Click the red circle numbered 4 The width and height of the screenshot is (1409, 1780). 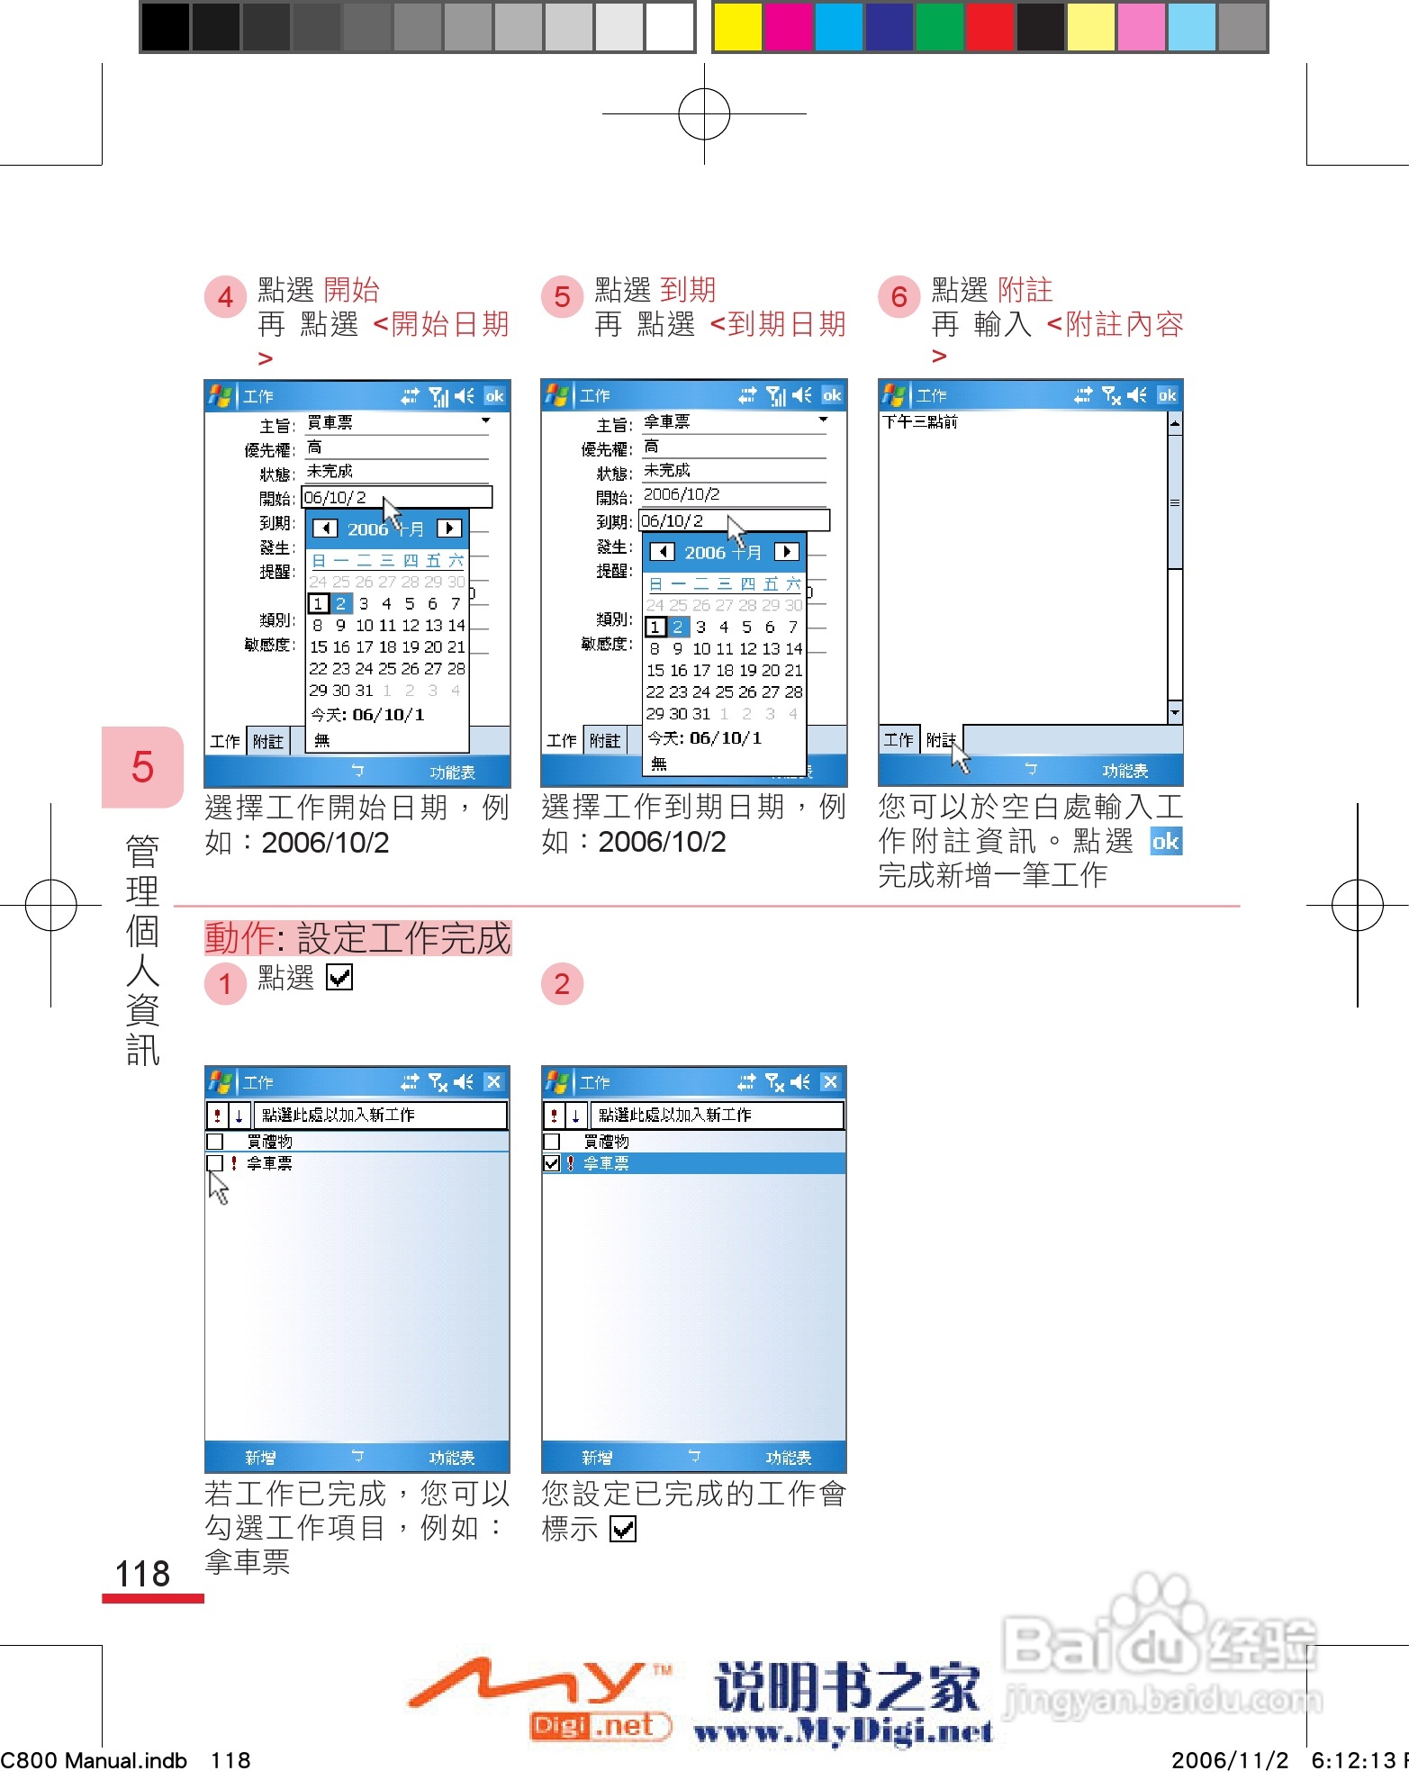point(225,297)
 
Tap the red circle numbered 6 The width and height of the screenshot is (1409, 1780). point(899,297)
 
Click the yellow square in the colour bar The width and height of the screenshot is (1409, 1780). point(736,27)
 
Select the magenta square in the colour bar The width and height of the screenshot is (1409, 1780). point(788,27)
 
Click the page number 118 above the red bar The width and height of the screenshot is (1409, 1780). point(142,1574)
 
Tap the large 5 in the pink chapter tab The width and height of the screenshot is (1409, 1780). point(142,767)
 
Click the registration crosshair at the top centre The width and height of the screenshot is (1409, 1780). point(704,114)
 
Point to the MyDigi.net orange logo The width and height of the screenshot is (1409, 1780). point(540,1697)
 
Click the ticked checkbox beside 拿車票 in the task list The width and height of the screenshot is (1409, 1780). point(552,1163)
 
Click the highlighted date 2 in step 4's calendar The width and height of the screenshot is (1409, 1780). point(341,603)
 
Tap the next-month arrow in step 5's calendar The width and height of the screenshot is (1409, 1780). point(786,552)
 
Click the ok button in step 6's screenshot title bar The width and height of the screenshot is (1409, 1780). point(1167,395)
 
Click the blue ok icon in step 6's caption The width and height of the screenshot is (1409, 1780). point(1166,842)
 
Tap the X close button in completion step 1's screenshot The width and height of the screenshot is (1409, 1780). point(493,1082)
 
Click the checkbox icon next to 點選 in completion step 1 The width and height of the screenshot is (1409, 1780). point(339,978)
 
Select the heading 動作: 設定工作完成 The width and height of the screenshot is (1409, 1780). point(357,938)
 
